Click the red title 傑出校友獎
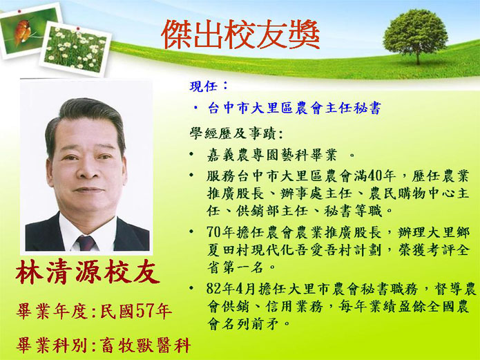coord(240,35)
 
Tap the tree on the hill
coord(416,36)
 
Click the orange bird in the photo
coord(22,31)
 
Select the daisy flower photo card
coord(75,49)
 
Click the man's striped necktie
coord(86,243)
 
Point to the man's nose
coord(86,171)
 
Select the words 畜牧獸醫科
coord(146,345)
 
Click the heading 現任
coord(204,86)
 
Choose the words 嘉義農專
coord(237,155)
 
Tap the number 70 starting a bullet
coord(214,233)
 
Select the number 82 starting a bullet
coord(214,289)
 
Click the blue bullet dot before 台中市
coord(195,107)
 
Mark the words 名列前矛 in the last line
coord(251,323)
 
